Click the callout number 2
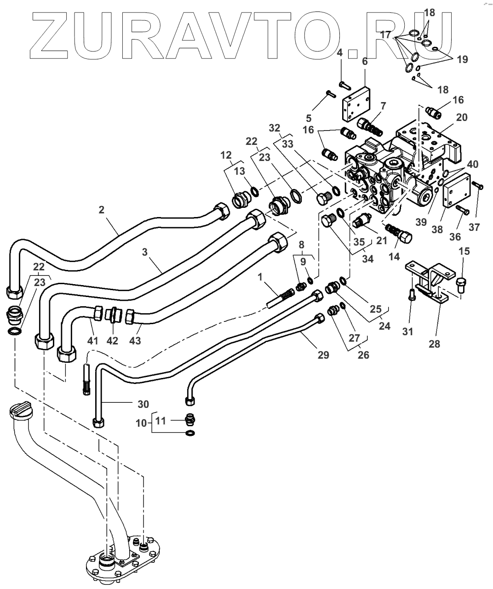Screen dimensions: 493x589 click(x=101, y=210)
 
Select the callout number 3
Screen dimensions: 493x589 click(x=145, y=252)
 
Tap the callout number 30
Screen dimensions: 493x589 click(x=143, y=404)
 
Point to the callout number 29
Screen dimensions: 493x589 click(x=323, y=355)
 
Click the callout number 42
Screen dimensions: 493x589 click(x=112, y=341)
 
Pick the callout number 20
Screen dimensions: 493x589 click(x=462, y=117)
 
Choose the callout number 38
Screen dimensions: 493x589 click(x=437, y=229)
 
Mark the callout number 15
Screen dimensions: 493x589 click(x=464, y=251)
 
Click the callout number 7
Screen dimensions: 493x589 click(x=383, y=106)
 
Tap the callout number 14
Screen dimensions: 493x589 click(x=394, y=257)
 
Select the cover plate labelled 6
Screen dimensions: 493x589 click(x=357, y=105)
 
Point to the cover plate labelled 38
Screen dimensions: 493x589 click(x=456, y=191)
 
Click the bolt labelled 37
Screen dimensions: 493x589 click(x=477, y=185)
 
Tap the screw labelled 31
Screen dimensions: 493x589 click(x=413, y=296)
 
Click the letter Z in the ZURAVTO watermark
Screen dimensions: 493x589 click(x=49, y=36)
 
